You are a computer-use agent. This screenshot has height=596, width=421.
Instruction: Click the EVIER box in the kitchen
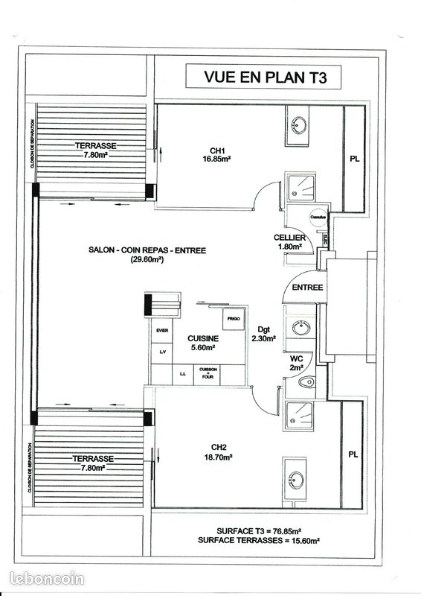162,330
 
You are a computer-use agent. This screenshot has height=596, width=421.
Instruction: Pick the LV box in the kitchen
162,351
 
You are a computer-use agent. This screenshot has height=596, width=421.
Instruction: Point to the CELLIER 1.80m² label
289,241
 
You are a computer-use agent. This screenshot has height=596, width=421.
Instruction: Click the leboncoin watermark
48,578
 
